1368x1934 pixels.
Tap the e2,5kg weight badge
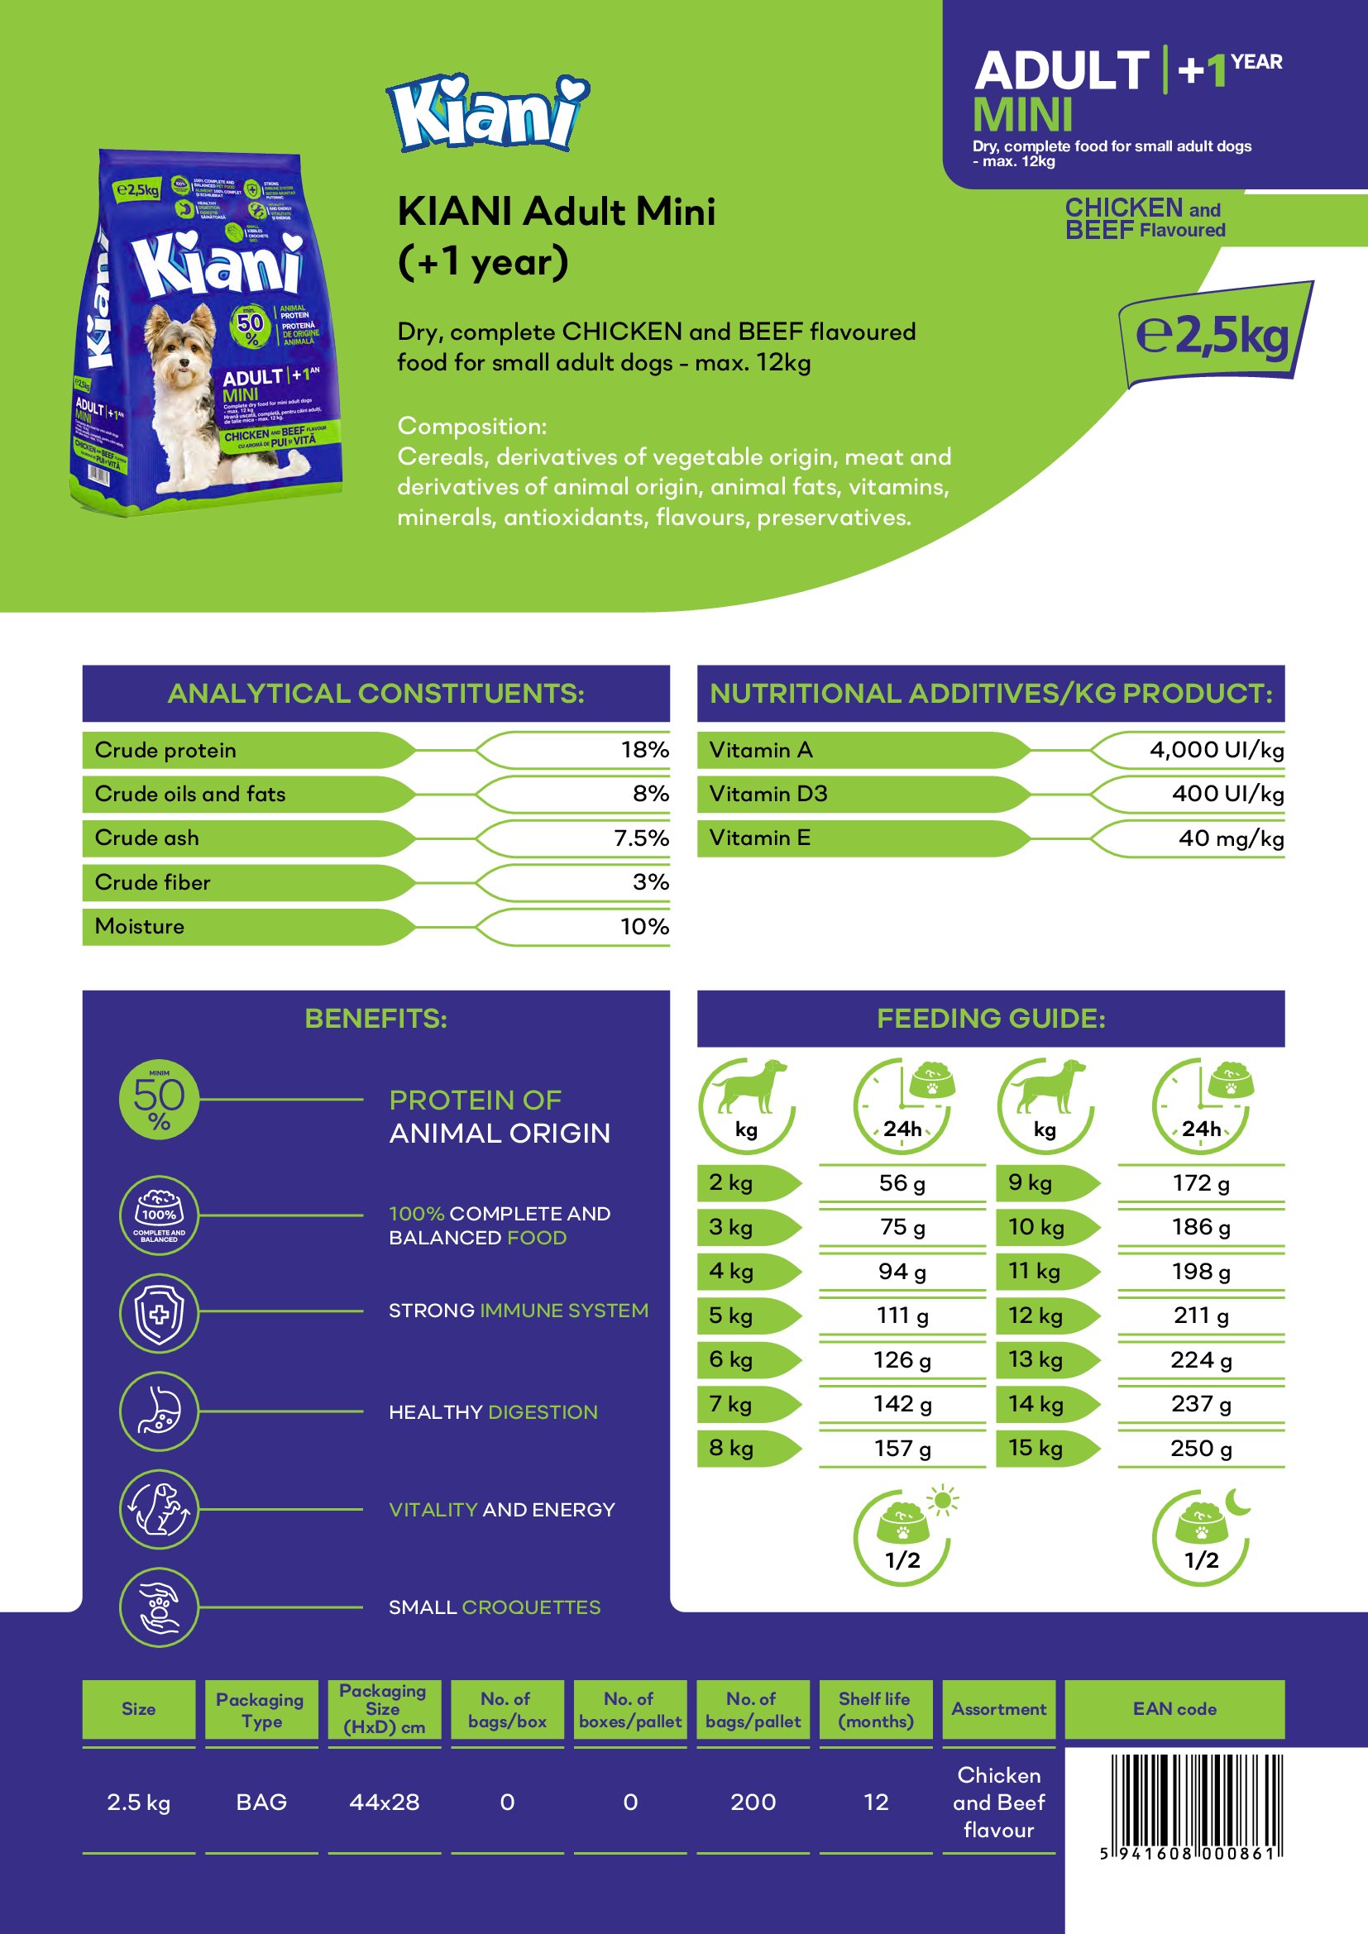[x=1213, y=335]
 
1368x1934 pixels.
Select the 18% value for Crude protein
[x=644, y=750]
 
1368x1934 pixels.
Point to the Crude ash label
[x=147, y=838]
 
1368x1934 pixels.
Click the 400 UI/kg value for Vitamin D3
[x=1227, y=794]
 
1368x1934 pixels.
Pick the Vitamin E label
[x=760, y=838]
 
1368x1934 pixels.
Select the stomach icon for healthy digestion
[x=159, y=1411]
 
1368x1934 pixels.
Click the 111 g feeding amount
[x=902, y=1316]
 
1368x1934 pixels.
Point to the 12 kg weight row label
[x=1036, y=1316]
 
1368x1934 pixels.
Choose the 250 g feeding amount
[x=1200, y=1449]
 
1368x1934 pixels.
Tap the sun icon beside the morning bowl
[x=943, y=1501]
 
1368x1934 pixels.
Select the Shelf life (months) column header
[x=875, y=1709]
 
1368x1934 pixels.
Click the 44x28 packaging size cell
[x=384, y=1803]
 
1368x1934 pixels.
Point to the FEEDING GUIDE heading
[x=991, y=1019]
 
